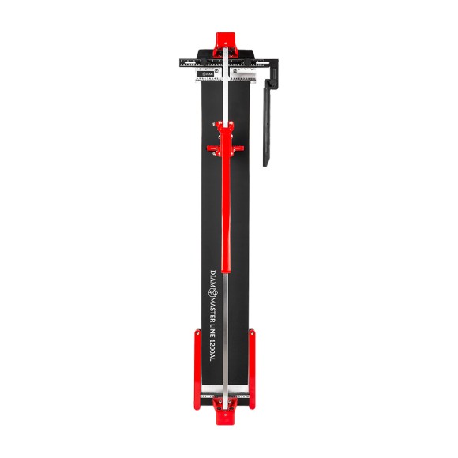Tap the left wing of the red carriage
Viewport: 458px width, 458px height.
[x=213, y=147]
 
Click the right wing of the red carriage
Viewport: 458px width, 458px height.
[x=239, y=147]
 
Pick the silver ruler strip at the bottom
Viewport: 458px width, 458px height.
[x=224, y=395]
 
